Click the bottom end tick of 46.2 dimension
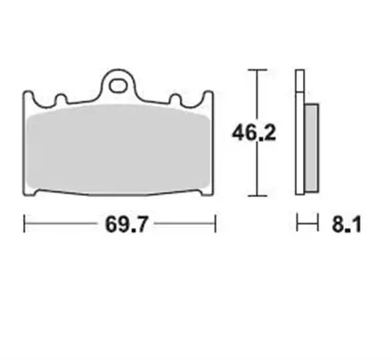click(257, 194)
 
